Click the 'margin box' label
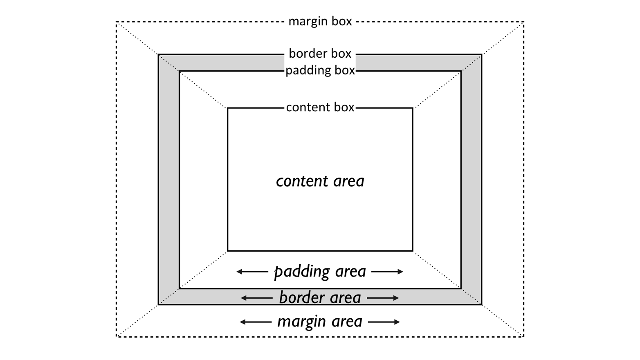[x=320, y=21]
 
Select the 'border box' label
[x=320, y=54]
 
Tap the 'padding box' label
[x=320, y=70]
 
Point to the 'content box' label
[x=320, y=107]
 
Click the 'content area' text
[x=320, y=181]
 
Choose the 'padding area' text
[x=320, y=272]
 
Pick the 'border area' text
[x=320, y=298]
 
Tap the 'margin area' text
[x=320, y=322]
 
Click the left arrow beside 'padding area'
[x=252, y=272]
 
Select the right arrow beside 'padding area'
[x=387, y=272]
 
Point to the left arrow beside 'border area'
[x=256, y=298]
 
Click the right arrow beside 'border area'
[x=383, y=298]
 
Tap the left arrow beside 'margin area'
[x=256, y=322]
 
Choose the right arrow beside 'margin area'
[x=384, y=322]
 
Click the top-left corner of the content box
[x=228, y=108]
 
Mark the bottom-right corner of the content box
[x=413, y=251]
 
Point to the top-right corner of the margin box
[x=523, y=22]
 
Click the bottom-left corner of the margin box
[x=117, y=337]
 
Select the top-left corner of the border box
[x=159, y=54]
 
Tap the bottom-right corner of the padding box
[x=461, y=288]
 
